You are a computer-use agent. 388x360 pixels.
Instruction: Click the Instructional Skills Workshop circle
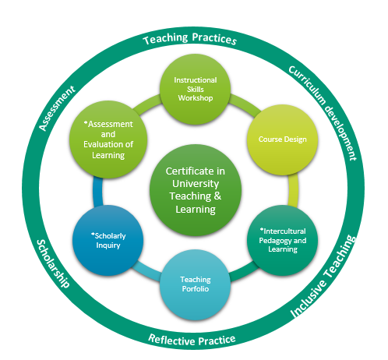[x=195, y=90]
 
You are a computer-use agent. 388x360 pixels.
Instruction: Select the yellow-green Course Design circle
[x=282, y=139]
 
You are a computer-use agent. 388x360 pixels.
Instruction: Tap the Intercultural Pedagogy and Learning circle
[x=282, y=240]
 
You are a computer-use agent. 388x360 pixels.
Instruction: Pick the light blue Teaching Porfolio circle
[x=195, y=284]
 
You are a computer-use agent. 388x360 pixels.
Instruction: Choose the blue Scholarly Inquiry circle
[x=108, y=240]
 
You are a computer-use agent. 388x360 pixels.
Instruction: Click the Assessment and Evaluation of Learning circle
[x=108, y=139]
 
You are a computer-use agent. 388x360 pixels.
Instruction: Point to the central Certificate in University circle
[x=196, y=190]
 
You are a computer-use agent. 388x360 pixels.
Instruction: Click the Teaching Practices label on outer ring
[x=190, y=39]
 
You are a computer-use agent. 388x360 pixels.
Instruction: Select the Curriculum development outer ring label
[x=323, y=112]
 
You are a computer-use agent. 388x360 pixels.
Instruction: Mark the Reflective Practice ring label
[x=192, y=340]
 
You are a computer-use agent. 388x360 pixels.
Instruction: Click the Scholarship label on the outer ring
[x=53, y=263]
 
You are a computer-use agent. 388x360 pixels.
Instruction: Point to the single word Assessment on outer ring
[x=57, y=108]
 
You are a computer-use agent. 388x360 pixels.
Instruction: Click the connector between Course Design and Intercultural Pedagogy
[x=293, y=190]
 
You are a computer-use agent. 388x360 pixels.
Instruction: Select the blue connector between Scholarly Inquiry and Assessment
[x=97, y=192]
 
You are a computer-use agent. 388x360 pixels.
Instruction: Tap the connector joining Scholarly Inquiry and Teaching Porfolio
[x=146, y=271]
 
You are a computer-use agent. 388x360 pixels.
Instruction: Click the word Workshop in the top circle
[x=196, y=98]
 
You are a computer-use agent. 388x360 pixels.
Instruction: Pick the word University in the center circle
[x=196, y=184]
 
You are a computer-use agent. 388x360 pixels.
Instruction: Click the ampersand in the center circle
[x=217, y=196]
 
